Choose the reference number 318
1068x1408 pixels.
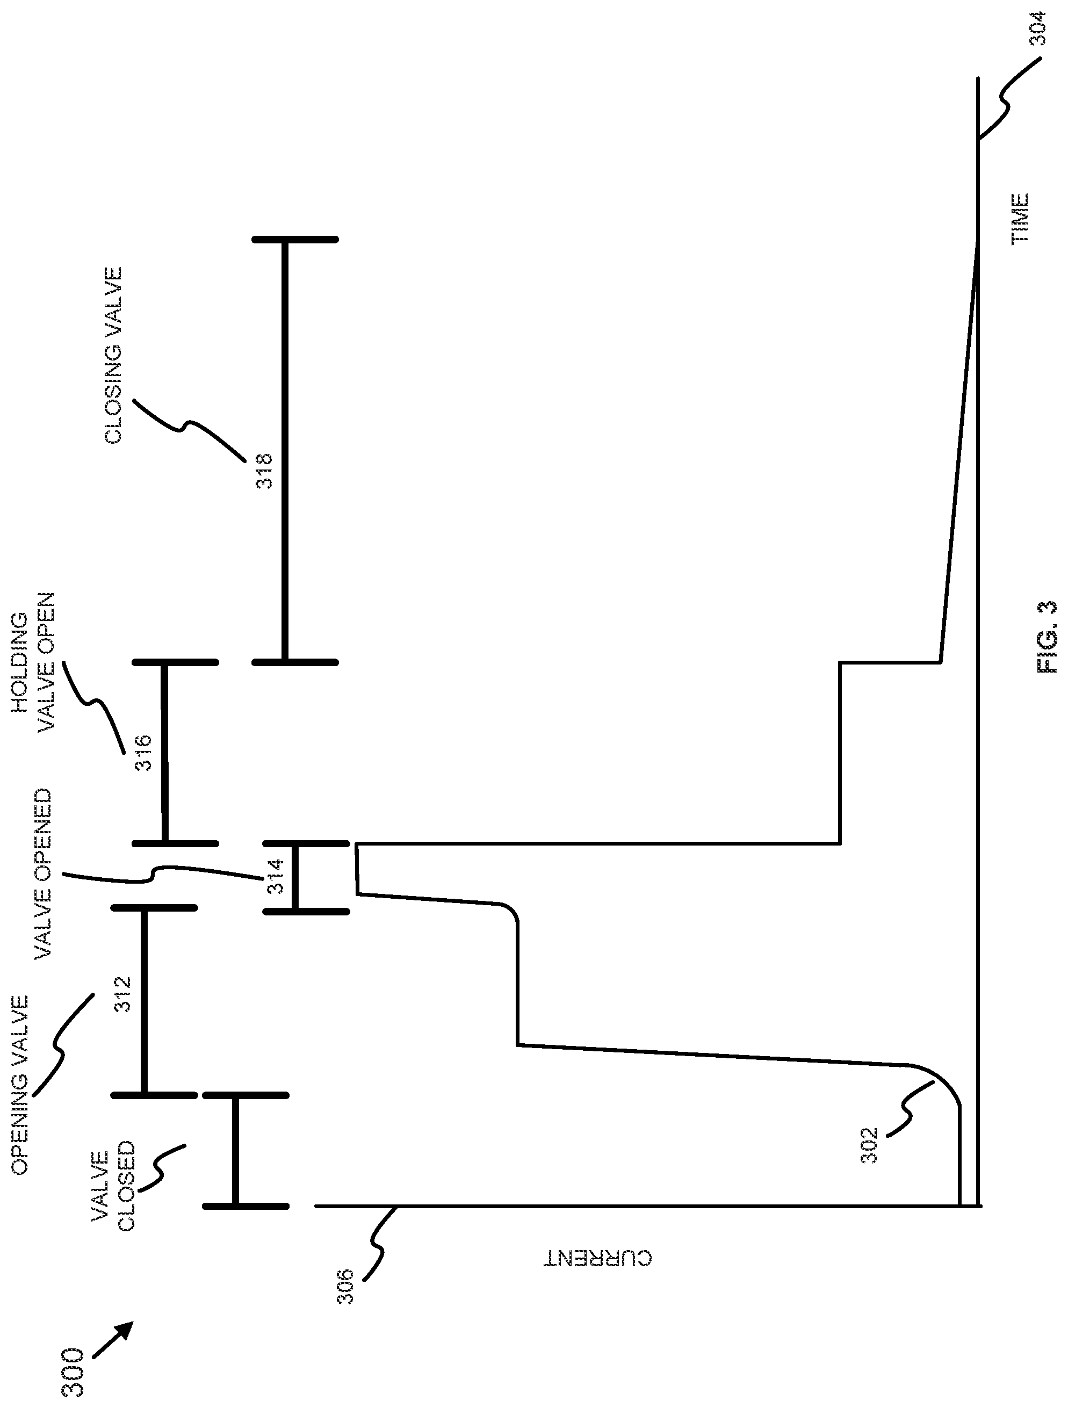click(263, 471)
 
